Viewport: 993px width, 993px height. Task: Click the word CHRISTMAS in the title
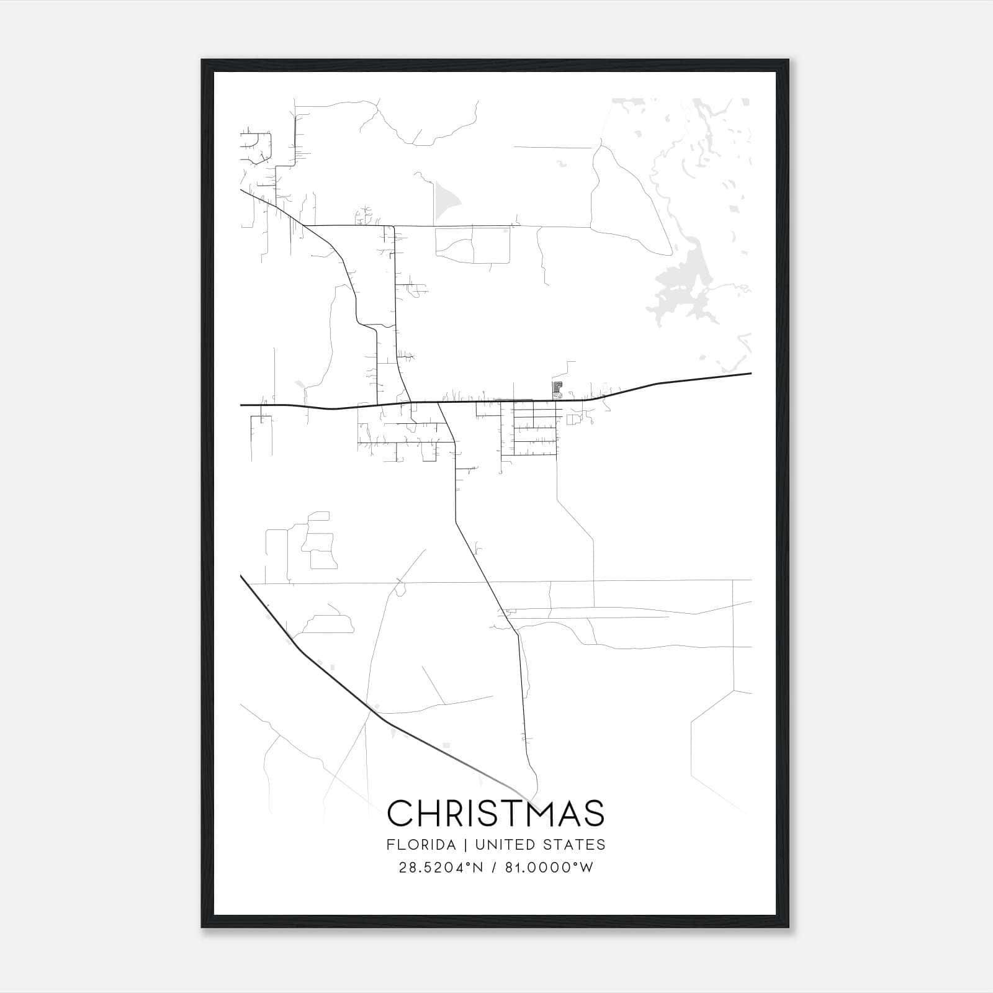pos(496,812)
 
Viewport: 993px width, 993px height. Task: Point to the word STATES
pos(573,845)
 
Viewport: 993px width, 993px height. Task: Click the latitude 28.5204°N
pos(440,868)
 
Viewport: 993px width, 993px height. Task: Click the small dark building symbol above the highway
pos(557,389)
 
